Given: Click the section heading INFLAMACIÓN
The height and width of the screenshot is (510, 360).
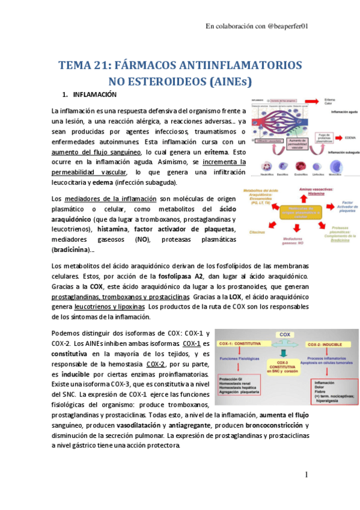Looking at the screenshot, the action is click(94, 95).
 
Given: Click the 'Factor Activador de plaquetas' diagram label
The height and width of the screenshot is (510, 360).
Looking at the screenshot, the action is click(346, 207).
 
